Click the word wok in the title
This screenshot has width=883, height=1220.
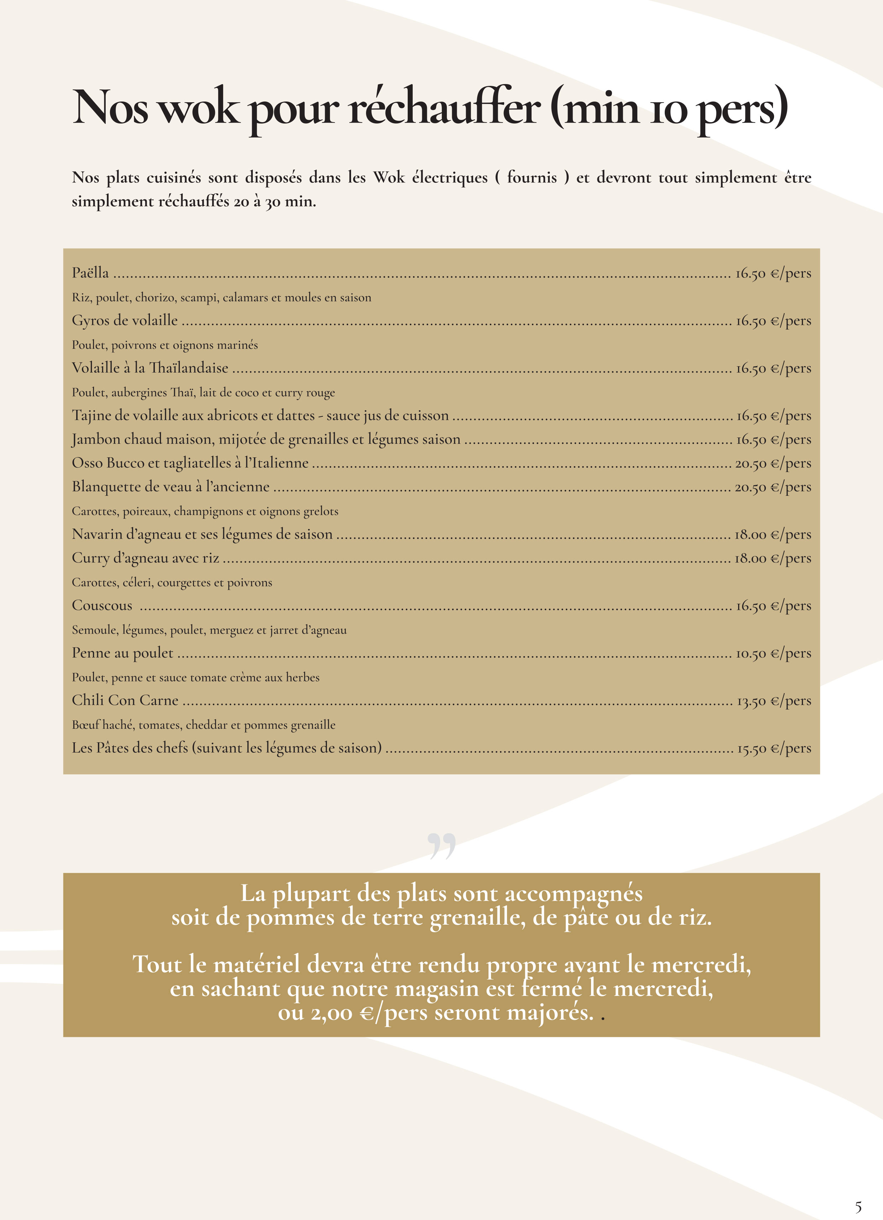point(198,108)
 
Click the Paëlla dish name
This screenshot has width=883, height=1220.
point(90,273)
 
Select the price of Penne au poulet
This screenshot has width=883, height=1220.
point(773,654)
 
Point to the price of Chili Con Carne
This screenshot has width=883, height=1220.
point(773,701)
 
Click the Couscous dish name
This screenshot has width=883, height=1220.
point(102,606)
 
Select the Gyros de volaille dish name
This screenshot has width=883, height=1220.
point(125,321)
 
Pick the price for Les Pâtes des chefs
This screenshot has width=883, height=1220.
point(774,749)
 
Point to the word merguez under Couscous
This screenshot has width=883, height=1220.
point(231,630)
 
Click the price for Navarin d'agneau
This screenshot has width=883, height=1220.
point(773,535)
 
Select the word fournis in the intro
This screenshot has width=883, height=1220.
point(531,177)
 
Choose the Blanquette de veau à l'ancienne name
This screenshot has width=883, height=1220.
point(171,487)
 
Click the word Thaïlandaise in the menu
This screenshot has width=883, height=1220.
point(189,368)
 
